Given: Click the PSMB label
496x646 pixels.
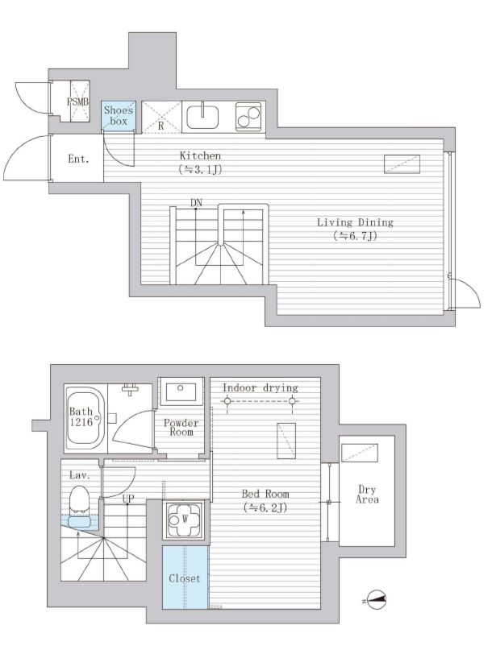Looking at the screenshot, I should click(77, 102).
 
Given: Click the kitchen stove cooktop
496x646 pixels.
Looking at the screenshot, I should click(248, 117).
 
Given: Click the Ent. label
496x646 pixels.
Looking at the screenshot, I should click(78, 159).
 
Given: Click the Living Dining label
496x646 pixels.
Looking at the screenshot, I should click(355, 222).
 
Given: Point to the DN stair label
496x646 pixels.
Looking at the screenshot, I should click(196, 202).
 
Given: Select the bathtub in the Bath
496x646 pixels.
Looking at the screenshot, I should click(85, 419).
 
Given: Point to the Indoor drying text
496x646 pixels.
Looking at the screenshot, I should click(261, 387).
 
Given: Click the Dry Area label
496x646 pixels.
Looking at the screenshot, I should click(367, 494).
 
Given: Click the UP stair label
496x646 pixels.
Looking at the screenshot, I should click(127, 499).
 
